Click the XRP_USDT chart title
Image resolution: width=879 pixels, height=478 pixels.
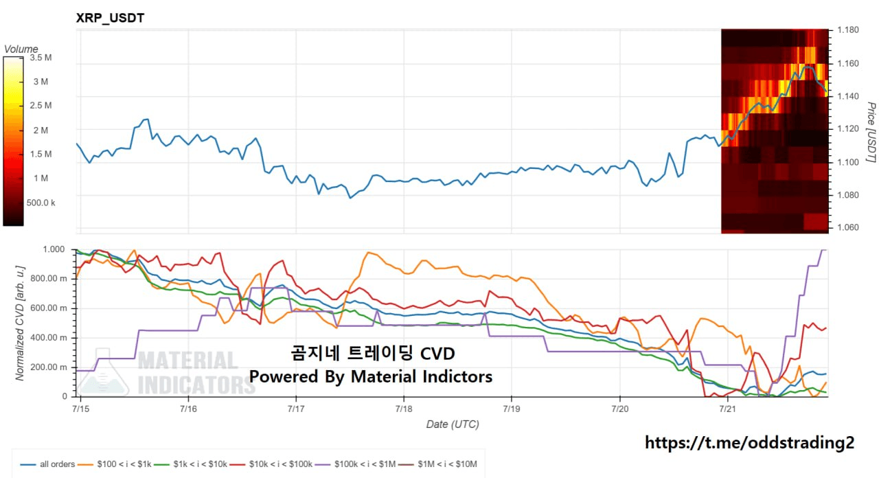[110, 18]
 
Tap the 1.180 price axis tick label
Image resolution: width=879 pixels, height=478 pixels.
[848, 30]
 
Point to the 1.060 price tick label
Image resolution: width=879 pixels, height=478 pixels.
[848, 227]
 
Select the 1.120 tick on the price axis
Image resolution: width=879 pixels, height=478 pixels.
[848, 128]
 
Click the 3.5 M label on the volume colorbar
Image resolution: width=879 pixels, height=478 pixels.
[41, 58]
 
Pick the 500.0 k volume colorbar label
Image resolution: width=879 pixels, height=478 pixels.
[41, 203]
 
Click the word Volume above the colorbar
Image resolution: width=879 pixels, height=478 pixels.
[21, 49]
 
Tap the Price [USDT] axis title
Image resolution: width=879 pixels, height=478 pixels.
[871, 133]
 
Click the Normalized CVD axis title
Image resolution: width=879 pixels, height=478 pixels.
[20, 323]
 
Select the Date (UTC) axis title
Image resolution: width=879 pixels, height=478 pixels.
[453, 424]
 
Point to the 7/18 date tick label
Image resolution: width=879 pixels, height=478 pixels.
[404, 409]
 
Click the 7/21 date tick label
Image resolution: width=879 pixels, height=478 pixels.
[727, 409]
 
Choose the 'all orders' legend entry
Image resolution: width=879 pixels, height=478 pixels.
[47, 464]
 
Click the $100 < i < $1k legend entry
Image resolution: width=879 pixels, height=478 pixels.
[115, 464]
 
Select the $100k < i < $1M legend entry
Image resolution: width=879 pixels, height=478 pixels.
[355, 464]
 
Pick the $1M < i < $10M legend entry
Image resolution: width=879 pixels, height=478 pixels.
[438, 464]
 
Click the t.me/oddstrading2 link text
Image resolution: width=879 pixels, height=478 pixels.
[749, 443]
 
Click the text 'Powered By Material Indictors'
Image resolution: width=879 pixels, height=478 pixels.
[371, 376]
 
